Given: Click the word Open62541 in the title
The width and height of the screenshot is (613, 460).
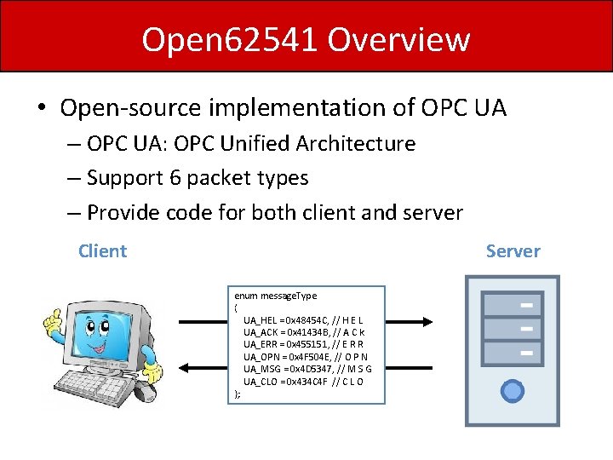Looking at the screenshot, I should pos(229,39).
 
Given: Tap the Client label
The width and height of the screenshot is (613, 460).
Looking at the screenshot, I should pos(102,251).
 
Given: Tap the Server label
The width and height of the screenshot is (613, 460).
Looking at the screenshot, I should pos(513,251).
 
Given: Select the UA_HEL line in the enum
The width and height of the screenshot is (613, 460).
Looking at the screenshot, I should pos(303,319).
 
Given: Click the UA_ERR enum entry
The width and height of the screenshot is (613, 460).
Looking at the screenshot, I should pos(303,344).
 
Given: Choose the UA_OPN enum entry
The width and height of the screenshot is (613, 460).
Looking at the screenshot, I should pos(303,356).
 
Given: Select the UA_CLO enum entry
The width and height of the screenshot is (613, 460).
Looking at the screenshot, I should pos(303,381).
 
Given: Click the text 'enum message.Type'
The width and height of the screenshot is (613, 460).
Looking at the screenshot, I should pos(275,295).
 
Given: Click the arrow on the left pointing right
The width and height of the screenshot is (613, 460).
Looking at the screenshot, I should pos(201,322).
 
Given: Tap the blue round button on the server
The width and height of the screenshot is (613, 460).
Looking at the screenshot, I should pos(513,391).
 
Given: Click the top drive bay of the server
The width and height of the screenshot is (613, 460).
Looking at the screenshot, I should pos(513,304).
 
